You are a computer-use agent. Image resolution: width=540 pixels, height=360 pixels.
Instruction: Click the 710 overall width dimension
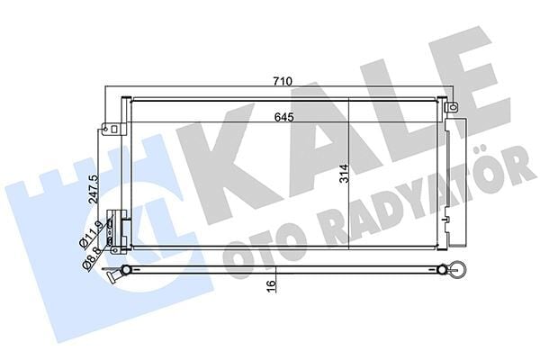coord(282,82)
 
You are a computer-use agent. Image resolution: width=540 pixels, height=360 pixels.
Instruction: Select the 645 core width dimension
coord(282,115)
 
